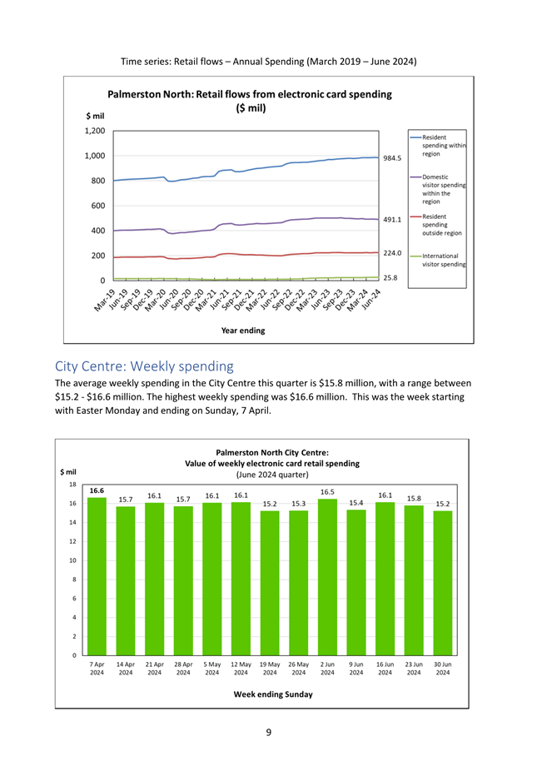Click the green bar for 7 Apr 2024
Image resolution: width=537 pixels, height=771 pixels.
click(x=97, y=576)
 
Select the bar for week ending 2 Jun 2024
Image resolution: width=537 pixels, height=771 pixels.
click(x=327, y=577)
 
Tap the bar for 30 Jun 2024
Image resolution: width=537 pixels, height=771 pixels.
click(x=443, y=583)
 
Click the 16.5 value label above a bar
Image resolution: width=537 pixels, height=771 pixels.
click(x=327, y=492)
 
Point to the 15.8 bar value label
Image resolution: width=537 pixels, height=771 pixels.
click(x=414, y=498)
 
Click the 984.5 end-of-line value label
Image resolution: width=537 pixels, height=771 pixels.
click(x=392, y=158)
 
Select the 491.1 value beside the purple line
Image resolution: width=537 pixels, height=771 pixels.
click(x=392, y=220)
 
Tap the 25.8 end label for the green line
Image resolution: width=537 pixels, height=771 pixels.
click(x=390, y=278)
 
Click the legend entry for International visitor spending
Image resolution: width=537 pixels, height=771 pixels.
click(x=438, y=260)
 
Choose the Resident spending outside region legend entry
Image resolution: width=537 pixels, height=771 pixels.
click(x=436, y=225)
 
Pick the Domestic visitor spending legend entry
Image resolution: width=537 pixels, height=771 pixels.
click(x=438, y=189)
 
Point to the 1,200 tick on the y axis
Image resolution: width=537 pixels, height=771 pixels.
click(x=95, y=131)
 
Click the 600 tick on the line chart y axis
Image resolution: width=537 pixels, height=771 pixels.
click(x=98, y=206)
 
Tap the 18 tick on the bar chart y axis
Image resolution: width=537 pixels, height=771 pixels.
click(x=72, y=485)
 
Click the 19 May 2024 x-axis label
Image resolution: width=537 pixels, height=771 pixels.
click(x=270, y=669)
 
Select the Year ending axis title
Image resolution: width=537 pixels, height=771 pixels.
click(x=243, y=331)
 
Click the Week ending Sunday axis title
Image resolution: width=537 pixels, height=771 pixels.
click(x=273, y=694)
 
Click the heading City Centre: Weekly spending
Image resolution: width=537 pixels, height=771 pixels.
click(x=144, y=366)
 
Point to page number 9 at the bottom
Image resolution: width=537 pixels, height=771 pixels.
click(x=268, y=732)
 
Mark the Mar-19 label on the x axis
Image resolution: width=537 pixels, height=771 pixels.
click(x=105, y=300)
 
